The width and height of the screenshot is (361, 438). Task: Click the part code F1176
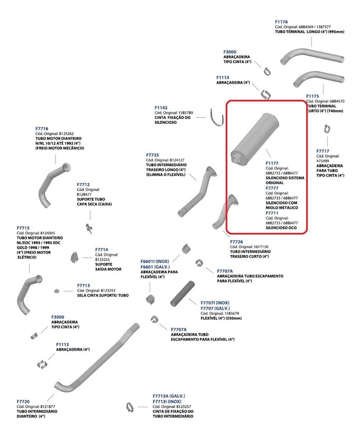281,22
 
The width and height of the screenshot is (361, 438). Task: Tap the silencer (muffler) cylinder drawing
255,139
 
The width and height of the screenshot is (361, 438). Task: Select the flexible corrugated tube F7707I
183,294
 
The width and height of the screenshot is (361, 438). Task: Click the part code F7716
42,129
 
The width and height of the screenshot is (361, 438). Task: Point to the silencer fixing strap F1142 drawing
216,118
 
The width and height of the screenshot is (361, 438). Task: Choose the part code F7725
153,155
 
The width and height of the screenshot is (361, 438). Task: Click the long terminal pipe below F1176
312,57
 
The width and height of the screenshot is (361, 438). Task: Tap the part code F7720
23,401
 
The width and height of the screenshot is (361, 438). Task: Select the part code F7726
236,242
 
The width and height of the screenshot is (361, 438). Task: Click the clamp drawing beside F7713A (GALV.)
130,407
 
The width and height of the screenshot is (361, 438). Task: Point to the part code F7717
323,151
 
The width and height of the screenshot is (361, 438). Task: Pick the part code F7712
83,185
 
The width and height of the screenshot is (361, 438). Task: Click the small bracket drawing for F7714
74,257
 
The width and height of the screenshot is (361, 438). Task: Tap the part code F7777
272,188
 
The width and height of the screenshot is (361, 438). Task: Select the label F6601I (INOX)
155,261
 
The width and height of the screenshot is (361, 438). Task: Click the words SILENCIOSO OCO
281,228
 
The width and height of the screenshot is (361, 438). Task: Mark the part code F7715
23,228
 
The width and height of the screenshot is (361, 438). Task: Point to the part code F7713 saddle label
83,286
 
